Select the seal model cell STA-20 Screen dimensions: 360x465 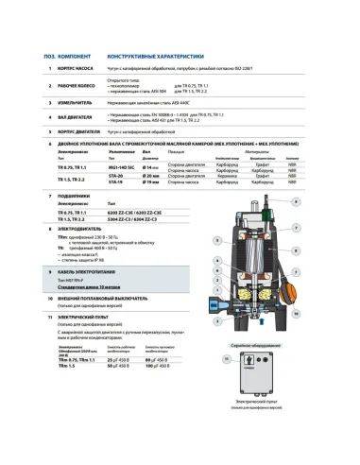click(x=117, y=176)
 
